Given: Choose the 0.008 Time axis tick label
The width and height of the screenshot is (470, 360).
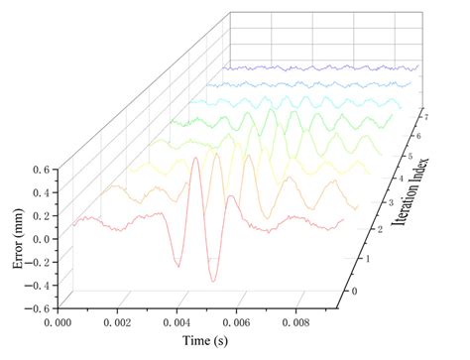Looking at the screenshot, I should pos(312,322).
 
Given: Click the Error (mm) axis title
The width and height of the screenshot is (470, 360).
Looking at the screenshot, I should pos(17,239).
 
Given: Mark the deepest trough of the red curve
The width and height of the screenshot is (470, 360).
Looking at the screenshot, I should pos(212,281).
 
